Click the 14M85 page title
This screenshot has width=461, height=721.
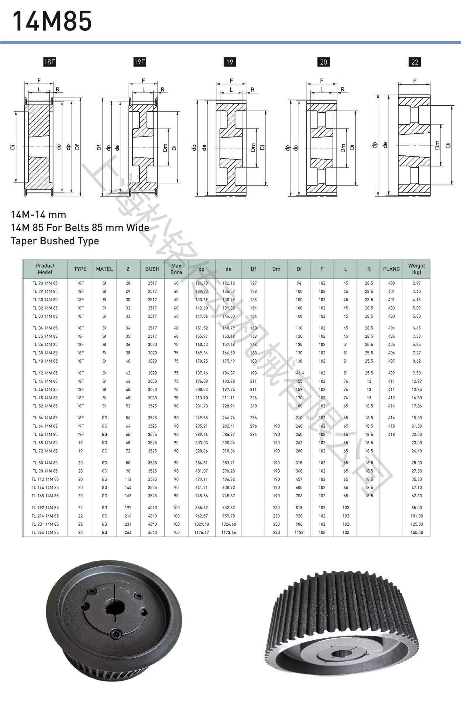(x=52, y=21)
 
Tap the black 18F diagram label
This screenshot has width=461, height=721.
(x=49, y=62)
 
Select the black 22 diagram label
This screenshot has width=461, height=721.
(x=414, y=62)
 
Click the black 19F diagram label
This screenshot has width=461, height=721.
(x=139, y=62)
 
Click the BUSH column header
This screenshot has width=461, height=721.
(x=152, y=269)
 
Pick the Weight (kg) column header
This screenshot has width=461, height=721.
(x=416, y=269)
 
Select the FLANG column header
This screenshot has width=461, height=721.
(x=391, y=269)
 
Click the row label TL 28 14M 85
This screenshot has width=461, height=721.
(x=45, y=283)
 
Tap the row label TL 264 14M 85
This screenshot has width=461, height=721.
(x=45, y=532)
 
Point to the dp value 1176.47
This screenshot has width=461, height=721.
(x=202, y=532)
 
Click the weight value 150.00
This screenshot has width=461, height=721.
(x=417, y=532)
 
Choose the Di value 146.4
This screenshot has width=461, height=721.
(x=299, y=373)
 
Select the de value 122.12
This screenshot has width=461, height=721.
(x=229, y=283)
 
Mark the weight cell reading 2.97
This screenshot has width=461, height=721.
(x=417, y=283)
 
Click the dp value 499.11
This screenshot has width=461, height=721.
(x=202, y=479)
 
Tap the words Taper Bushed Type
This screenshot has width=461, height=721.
(x=55, y=241)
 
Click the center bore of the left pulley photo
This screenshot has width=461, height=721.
(x=115, y=607)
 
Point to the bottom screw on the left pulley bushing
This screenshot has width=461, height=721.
(x=116, y=634)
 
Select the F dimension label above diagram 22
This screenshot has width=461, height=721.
(x=414, y=81)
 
